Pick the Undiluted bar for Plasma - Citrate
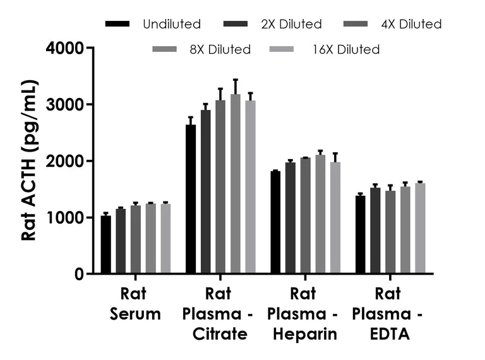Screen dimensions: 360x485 point(191,199)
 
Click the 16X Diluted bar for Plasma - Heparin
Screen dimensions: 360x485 point(335,218)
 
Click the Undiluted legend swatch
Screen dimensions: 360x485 point(117,25)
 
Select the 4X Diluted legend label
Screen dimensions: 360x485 point(411,25)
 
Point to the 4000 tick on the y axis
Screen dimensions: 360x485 point(90,47)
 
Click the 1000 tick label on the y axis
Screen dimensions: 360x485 point(65,218)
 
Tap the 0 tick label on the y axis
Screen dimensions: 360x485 point(78,274)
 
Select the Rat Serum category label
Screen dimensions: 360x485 point(135,304)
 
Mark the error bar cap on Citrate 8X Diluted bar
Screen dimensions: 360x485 point(236,80)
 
